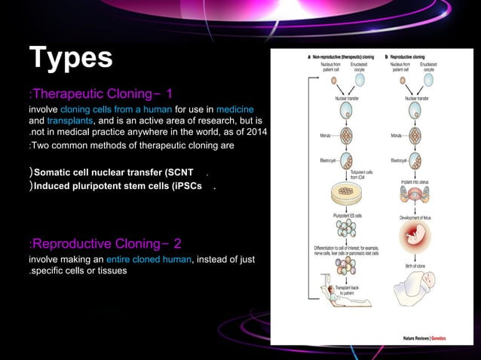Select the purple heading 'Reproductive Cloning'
pyautogui.click(x=94, y=243)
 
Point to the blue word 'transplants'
pyautogui.click(x=70, y=121)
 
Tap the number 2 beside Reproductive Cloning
pyautogui.click(x=177, y=243)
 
